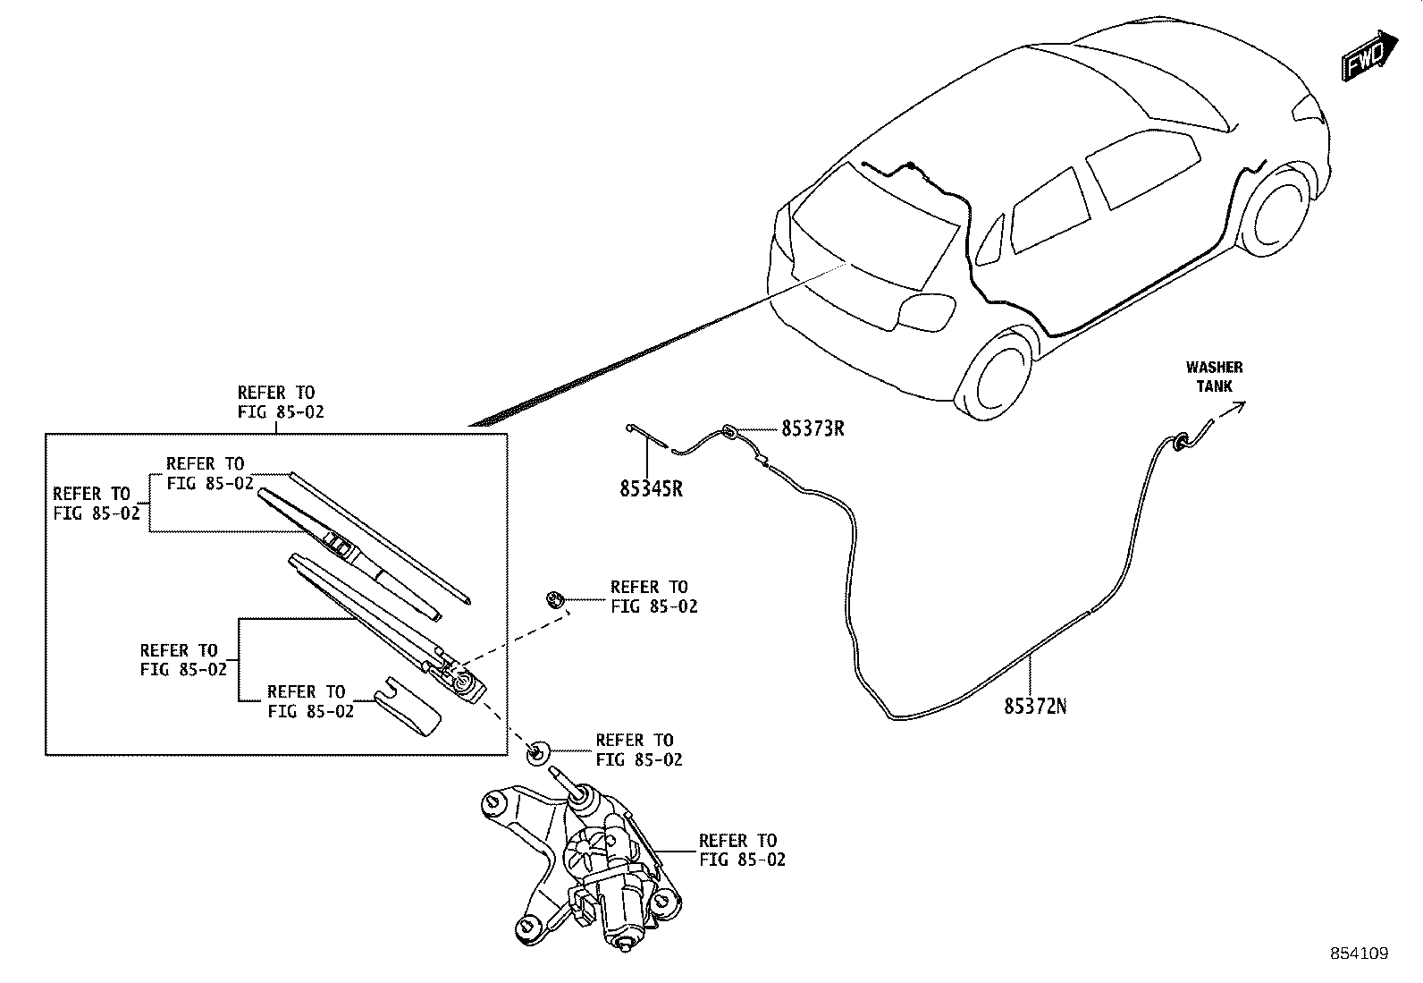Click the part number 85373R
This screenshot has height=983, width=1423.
click(x=813, y=428)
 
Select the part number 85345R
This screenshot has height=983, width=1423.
click(x=651, y=489)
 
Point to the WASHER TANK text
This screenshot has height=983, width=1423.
click(x=1214, y=377)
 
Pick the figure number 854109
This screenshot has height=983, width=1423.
click(x=1359, y=953)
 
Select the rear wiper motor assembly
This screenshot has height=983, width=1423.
click(x=590, y=868)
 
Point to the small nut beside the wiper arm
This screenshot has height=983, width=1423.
click(x=554, y=598)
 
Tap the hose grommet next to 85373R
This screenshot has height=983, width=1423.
click(x=729, y=434)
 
